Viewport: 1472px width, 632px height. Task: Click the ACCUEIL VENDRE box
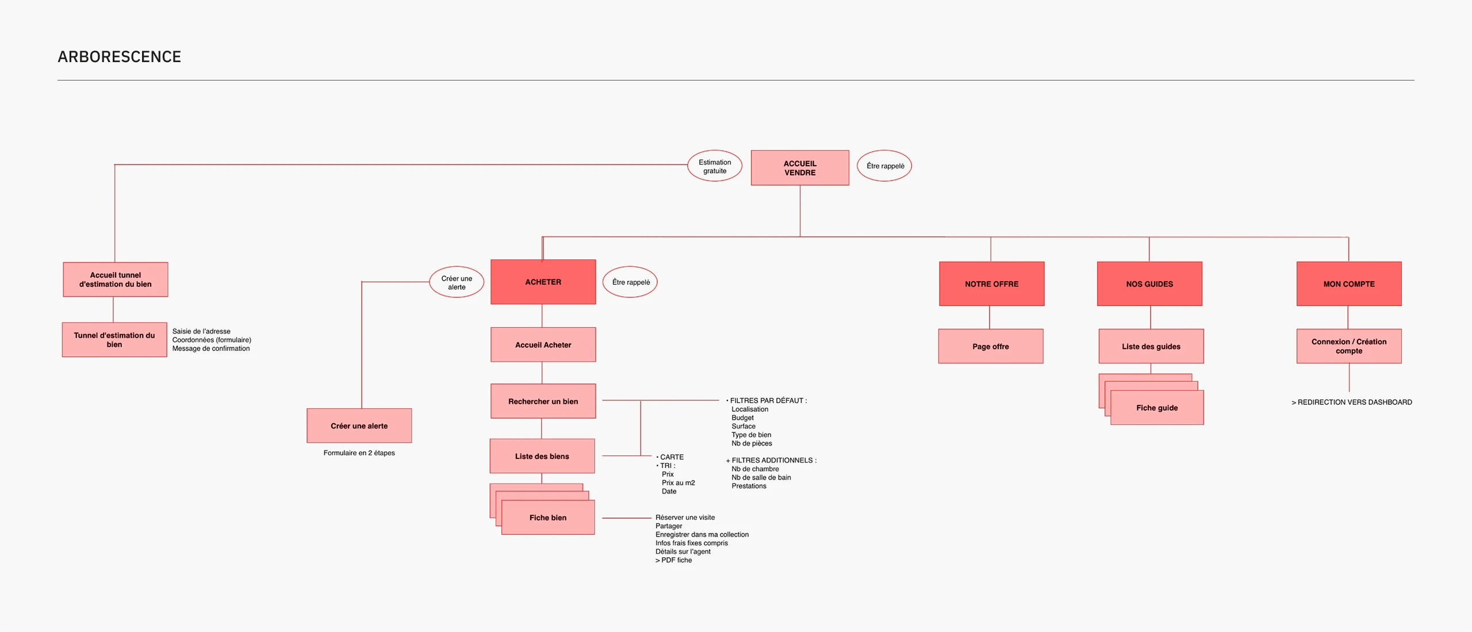800,168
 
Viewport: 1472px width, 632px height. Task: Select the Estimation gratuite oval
715,166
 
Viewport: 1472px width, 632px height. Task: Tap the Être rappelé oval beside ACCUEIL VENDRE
885,166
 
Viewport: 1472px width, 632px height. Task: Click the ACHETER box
543,282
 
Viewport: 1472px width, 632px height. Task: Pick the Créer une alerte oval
457,282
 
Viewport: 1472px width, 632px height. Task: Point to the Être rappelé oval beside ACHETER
630,282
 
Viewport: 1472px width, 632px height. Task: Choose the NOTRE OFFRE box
991,284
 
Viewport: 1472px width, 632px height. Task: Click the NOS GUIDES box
1149,284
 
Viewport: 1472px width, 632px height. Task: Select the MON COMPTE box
1349,284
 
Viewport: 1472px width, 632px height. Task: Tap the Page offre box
991,346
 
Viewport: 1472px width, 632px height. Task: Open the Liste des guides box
1151,346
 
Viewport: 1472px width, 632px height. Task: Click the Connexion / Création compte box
1349,346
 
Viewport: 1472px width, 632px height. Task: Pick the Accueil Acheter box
543,344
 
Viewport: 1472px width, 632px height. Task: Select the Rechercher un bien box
543,401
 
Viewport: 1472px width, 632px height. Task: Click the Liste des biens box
542,456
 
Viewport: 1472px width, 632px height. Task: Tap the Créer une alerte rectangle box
359,426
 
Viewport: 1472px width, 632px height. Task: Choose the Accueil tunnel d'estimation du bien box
116,279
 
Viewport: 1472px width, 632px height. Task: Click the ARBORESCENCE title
120,57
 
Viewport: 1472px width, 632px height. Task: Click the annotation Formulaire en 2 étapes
359,453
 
